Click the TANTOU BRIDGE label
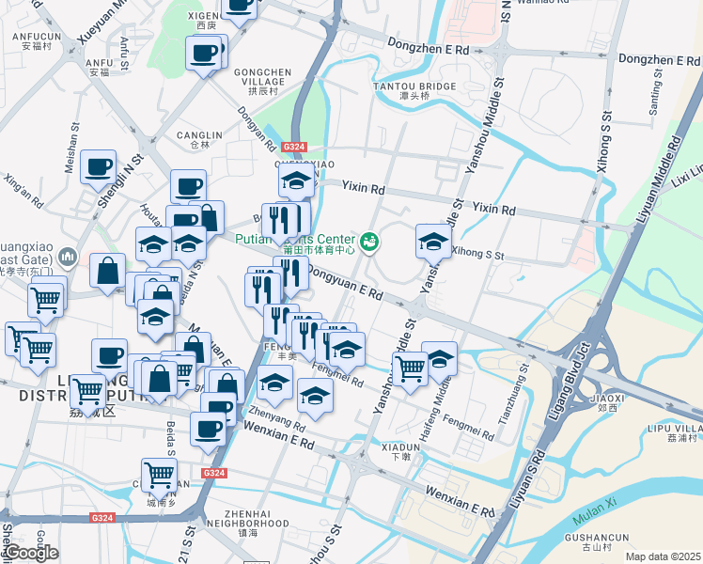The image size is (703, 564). tap(427, 86)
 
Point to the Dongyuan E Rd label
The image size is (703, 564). tap(345, 283)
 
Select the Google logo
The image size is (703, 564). tap(31, 553)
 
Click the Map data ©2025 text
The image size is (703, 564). tap(663, 556)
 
